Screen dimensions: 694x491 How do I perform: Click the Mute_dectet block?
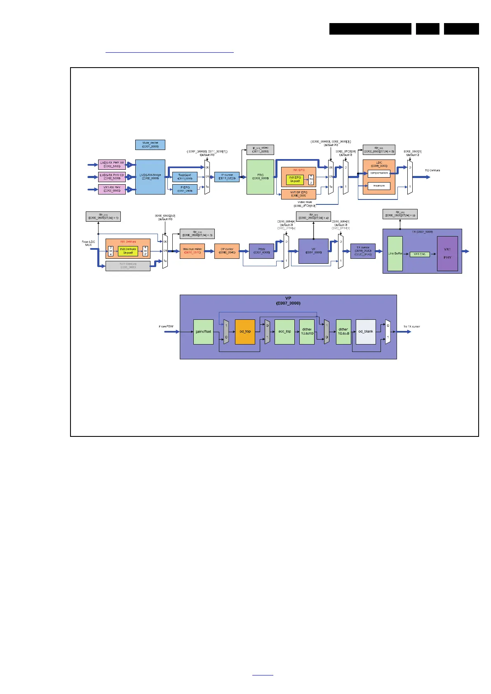[150, 145]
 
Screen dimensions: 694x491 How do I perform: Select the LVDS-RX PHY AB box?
[112, 164]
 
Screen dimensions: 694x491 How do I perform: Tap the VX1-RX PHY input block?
[112, 189]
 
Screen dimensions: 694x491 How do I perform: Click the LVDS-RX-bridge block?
[150, 177]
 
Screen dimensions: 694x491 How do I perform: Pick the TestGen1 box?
[185, 177]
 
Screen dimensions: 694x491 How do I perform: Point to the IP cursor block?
[227, 177]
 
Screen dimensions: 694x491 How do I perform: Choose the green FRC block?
[260, 177]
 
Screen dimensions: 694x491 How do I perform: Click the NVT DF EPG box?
[298, 194]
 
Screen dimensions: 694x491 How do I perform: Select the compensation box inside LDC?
[379, 173]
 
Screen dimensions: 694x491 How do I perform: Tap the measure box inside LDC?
[379, 186]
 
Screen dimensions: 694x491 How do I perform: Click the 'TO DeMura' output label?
[432, 171]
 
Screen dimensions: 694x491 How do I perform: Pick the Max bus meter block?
[192, 251]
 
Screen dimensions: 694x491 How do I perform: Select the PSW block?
[261, 251]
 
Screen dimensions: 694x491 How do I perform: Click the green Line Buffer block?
[395, 253]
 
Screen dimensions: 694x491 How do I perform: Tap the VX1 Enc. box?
[420, 254]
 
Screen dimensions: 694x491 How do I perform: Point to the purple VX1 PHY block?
[447, 253]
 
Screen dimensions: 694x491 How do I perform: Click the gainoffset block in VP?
[203, 332]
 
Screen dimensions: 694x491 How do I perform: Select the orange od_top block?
[245, 332]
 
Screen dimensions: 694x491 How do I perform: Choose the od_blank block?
[366, 332]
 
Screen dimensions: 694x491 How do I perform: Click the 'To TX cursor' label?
[411, 327]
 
